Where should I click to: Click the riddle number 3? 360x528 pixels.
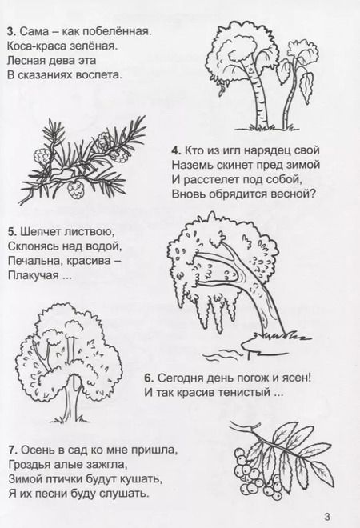coord(9,31)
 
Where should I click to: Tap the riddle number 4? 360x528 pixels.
coord(175,150)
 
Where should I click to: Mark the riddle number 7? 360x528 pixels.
coord(9,451)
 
